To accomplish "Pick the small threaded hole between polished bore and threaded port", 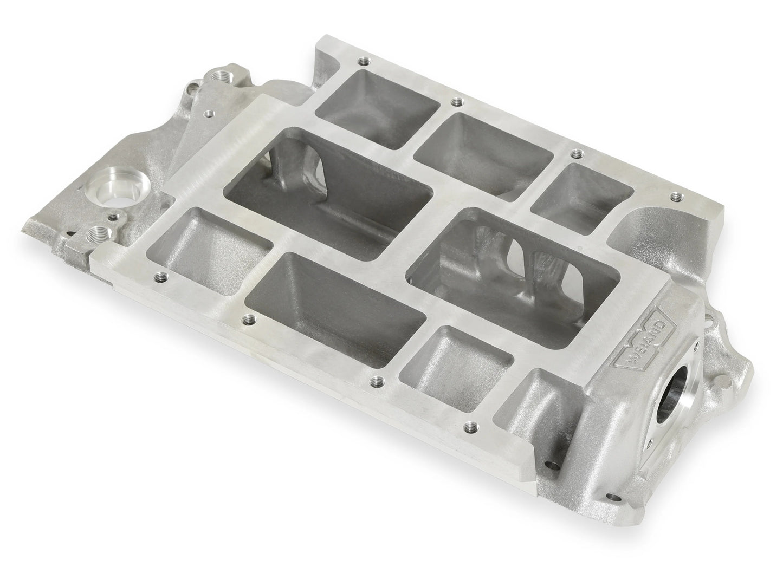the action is point(113,218).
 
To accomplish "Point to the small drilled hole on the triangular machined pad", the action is point(209,114).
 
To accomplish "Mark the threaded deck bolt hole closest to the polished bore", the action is point(161,278).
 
